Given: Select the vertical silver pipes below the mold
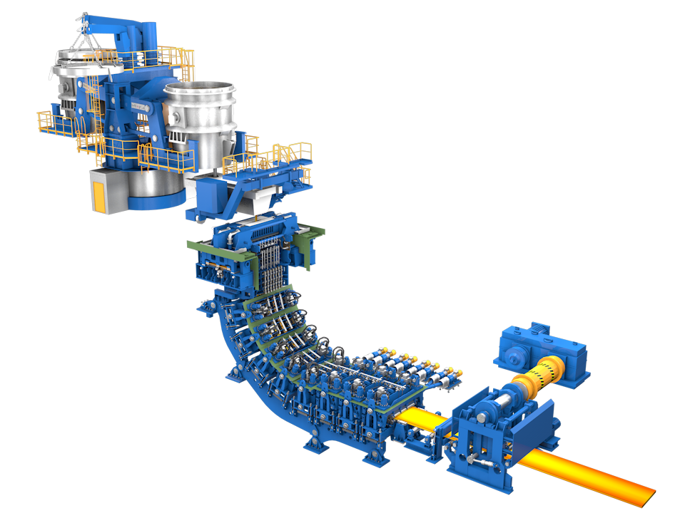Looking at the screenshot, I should click(272, 271).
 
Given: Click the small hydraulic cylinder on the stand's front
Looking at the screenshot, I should click(478, 463).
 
